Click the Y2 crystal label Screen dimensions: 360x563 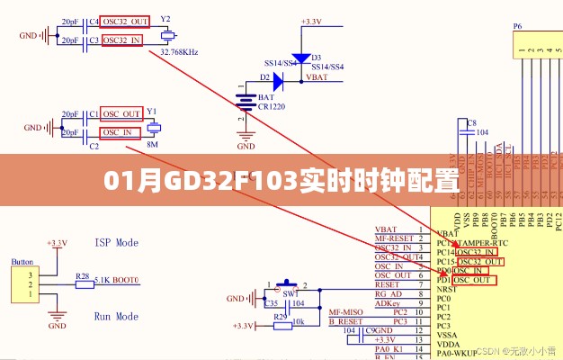[x=165, y=19]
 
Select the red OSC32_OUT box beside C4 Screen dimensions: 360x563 [x=126, y=21]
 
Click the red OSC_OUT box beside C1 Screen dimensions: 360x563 [x=121, y=114]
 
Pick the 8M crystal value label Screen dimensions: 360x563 [x=152, y=144]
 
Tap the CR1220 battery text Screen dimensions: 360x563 [x=271, y=106]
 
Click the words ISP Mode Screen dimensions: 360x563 [x=116, y=243]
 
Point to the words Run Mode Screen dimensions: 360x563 [x=116, y=317]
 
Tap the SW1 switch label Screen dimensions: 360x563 [x=291, y=294]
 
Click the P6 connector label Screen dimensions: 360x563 [x=517, y=27]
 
